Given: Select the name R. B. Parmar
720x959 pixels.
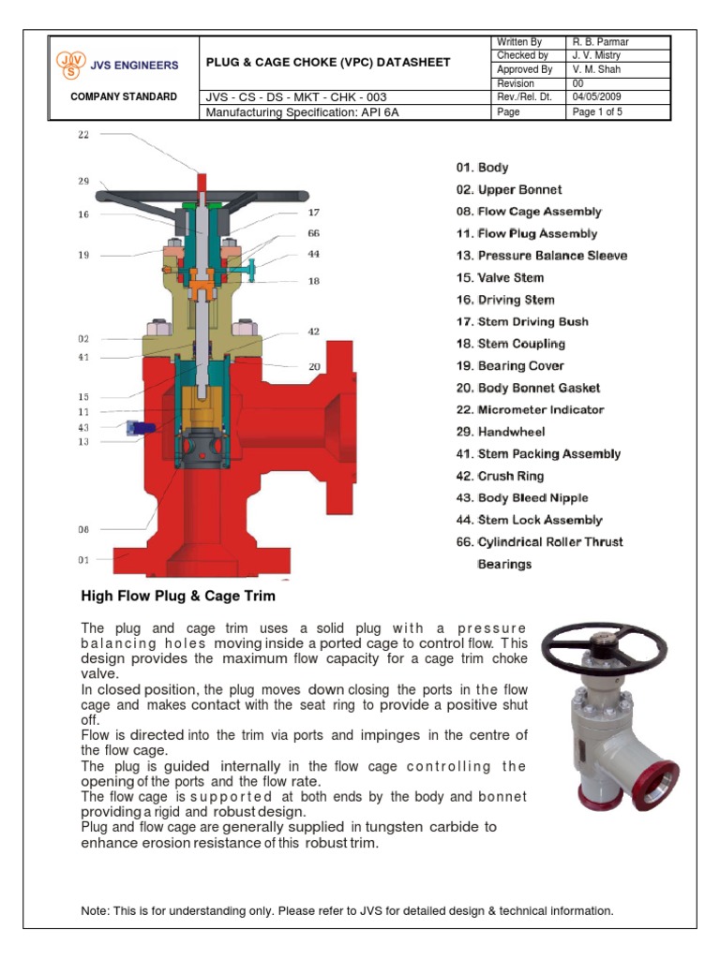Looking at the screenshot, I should [600, 42].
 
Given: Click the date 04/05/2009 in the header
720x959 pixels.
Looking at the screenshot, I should [595, 97].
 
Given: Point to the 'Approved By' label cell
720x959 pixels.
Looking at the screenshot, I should [524, 69].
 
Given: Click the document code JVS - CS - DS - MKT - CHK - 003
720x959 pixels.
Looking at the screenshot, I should [296, 97].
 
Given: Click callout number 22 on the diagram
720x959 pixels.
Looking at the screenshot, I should [83, 134].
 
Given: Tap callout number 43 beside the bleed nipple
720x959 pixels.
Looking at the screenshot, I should [83, 427].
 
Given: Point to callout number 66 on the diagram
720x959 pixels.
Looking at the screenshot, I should [314, 232].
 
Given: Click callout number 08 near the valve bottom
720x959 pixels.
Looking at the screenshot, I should [83, 529].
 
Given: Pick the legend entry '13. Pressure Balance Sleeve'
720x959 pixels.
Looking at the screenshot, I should [542, 256].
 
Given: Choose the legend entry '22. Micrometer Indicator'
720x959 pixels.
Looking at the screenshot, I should [530, 410].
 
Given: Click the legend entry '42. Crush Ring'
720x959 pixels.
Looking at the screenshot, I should [500, 476].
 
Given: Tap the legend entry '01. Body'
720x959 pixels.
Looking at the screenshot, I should [482, 168].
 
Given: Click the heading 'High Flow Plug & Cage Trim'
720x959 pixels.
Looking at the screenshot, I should [178, 597].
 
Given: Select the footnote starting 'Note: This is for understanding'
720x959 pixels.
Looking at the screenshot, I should [347, 910].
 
